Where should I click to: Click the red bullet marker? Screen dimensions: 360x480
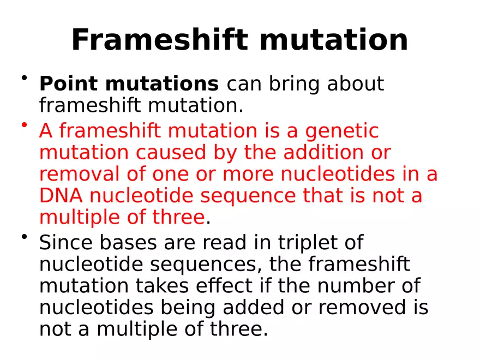click(25, 126)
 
